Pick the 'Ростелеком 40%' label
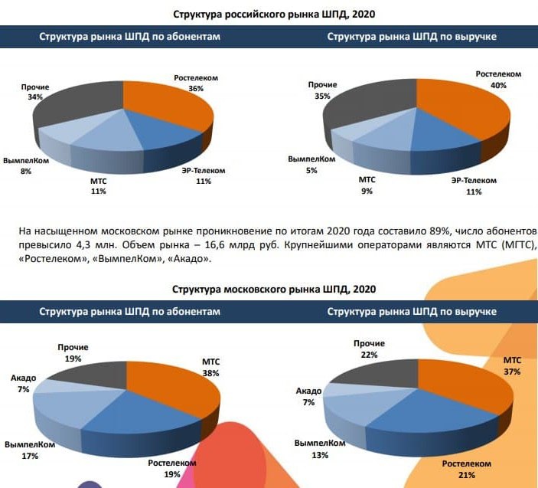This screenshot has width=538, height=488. coord(498,80)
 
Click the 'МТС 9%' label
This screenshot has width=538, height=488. coord(367,185)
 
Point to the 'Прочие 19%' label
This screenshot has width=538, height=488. coord(73,352)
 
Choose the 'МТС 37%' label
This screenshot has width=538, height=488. coord(512,365)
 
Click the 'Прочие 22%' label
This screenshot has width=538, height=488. coord(370,349)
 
